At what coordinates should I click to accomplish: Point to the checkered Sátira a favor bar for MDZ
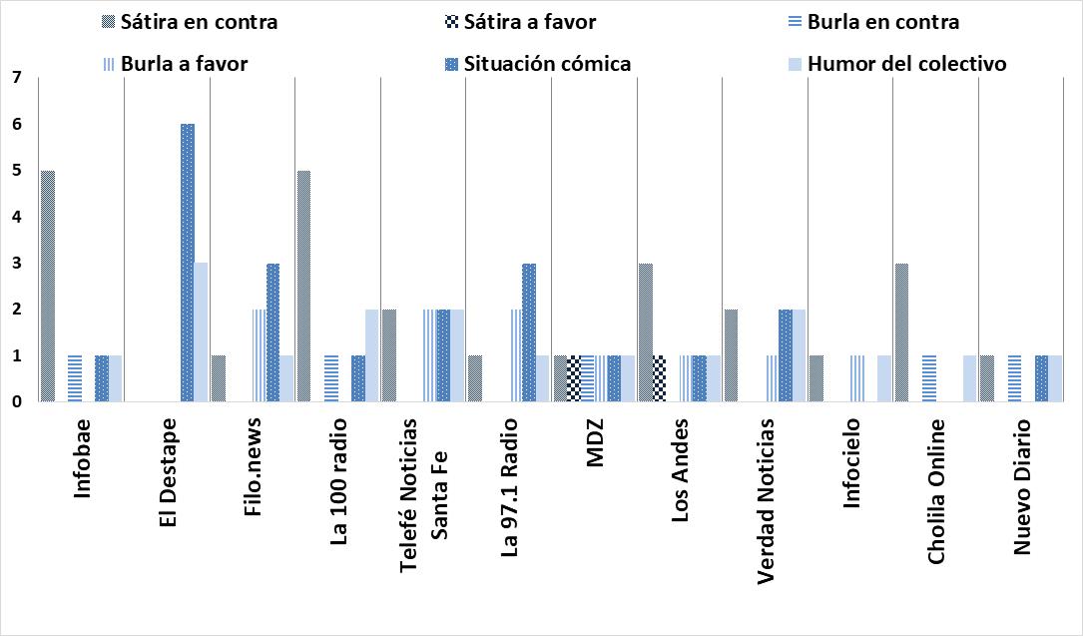(x=574, y=378)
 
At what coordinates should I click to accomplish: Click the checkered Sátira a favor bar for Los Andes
(x=659, y=378)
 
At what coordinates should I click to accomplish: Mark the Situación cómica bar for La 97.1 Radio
(x=529, y=332)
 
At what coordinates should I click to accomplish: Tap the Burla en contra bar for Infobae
(x=75, y=378)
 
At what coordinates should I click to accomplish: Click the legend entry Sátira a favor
(x=524, y=21)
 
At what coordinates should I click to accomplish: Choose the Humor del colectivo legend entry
(x=906, y=64)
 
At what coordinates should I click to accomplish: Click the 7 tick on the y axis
(x=16, y=78)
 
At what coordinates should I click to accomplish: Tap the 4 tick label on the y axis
(x=16, y=217)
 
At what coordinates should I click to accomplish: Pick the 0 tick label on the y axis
(x=16, y=402)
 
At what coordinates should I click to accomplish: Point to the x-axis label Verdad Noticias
(x=766, y=499)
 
